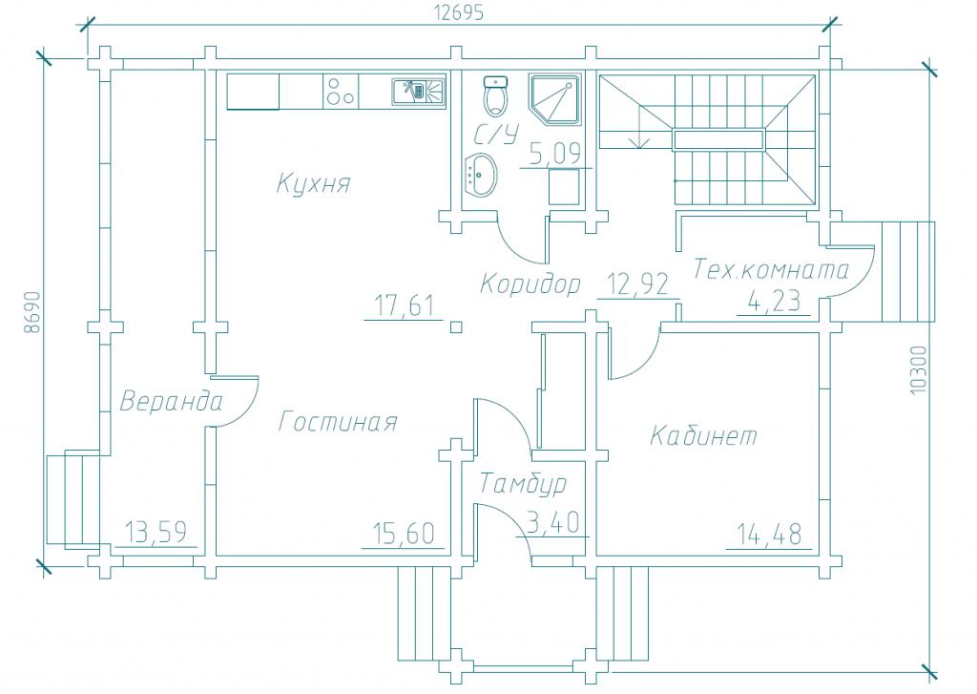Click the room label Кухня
click(313, 183)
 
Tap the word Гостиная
click(338, 422)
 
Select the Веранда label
click(171, 401)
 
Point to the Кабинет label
click(704, 435)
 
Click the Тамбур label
click(524, 483)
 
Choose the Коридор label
click(530, 284)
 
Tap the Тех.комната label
click(771, 269)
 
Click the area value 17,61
click(405, 305)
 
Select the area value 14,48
click(770, 535)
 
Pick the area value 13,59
click(156, 532)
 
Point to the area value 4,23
click(774, 302)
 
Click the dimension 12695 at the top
click(458, 13)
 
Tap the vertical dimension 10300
click(918, 369)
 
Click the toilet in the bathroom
click(496, 96)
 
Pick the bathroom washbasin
click(481, 176)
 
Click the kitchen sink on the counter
click(419, 91)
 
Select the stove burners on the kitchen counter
click(341, 92)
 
